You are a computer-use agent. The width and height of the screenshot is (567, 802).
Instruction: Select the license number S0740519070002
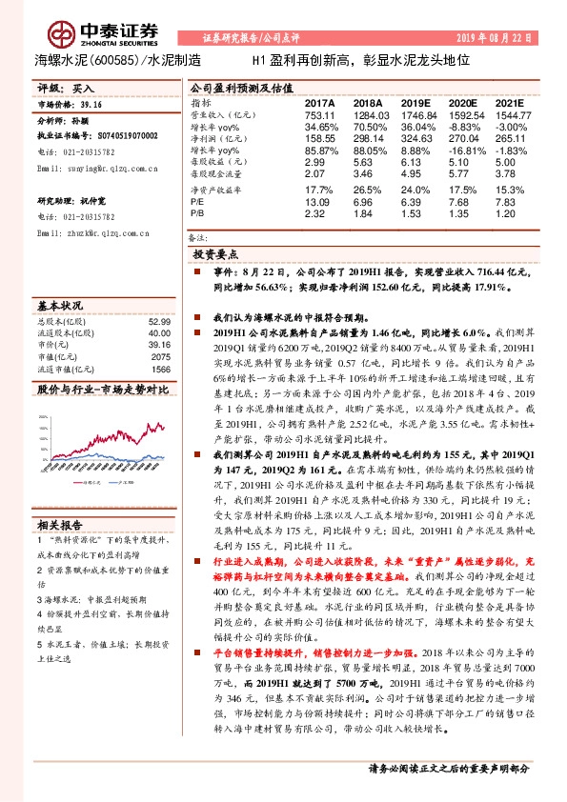click(116, 136)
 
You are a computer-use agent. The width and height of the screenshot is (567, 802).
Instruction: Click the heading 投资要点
click(214, 256)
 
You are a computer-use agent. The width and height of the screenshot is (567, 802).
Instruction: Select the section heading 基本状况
click(60, 306)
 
